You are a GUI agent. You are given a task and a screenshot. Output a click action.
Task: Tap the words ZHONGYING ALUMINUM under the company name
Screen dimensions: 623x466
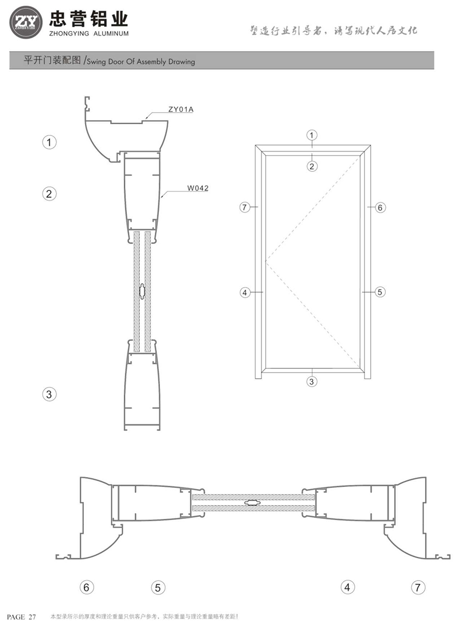pyautogui.click(x=89, y=34)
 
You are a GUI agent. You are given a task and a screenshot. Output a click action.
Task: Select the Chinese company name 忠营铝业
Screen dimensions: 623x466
pyautogui.click(x=88, y=19)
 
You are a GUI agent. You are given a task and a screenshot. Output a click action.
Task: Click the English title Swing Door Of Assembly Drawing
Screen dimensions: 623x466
pyautogui.click(x=141, y=62)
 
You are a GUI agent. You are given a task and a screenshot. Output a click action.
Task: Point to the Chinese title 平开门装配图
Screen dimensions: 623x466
pyautogui.click(x=53, y=61)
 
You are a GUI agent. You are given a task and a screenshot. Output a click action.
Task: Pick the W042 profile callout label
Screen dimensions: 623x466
pyautogui.click(x=198, y=188)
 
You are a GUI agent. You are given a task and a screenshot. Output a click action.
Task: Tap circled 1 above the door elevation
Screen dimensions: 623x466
pyautogui.click(x=312, y=136)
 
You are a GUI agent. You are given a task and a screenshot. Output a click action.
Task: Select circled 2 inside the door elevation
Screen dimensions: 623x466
pyautogui.click(x=312, y=166)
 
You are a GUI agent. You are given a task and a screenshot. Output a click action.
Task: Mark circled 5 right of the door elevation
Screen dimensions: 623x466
pyautogui.click(x=380, y=292)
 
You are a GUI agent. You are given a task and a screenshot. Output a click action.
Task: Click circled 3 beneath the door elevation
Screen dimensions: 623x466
pyautogui.click(x=312, y=382)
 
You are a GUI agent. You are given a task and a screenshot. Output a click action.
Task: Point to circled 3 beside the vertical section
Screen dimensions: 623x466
pyautogui.click(x=49, y=394)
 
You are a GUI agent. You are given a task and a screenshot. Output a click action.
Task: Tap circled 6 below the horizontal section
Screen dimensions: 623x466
pyautogui.click(x=86, y=587)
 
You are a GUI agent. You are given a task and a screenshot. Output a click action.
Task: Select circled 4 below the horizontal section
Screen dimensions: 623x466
pyautogui.click(x=347, y=587)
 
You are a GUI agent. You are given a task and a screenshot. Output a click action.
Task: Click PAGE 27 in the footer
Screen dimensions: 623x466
pyautogui.click(x=21, y=617)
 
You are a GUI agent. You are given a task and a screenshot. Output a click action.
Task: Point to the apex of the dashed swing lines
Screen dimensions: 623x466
pyautogui.click(x=267, y=262)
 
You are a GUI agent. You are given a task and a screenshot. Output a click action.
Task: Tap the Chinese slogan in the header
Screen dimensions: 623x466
pyautogui.click(x=333, y=31)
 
